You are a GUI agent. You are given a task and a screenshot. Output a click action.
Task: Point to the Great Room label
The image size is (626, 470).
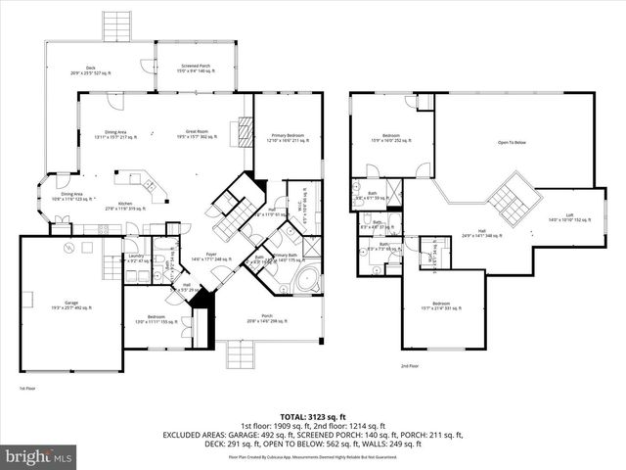[201, 134]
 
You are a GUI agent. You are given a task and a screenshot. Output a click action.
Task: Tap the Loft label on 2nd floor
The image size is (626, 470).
[569, 217]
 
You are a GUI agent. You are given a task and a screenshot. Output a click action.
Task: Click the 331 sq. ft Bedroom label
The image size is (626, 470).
[442, 333]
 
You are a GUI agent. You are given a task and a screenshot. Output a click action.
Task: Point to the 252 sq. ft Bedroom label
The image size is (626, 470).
[390, 137]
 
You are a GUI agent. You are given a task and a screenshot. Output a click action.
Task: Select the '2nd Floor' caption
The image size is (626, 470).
[409, 365]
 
